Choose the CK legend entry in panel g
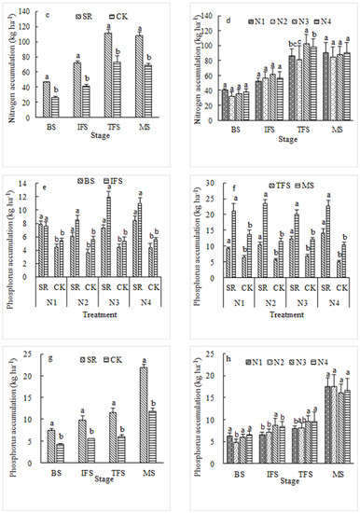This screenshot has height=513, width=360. tap(117, 359)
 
